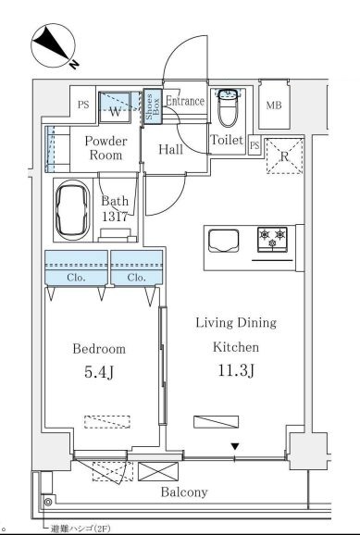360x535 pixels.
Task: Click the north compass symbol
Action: point(54,45)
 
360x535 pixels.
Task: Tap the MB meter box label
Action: point(274,106)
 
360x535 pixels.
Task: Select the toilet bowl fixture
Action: point(228,107)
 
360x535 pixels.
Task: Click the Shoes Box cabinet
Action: point(152,106)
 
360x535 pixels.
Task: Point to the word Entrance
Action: point(185,101)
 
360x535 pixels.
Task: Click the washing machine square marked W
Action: point(115,107)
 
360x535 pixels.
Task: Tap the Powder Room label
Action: point(106,148)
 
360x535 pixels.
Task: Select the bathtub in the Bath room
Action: point(73,210)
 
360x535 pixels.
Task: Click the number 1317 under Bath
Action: point(115,216)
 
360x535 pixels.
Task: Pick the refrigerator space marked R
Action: point(284,156)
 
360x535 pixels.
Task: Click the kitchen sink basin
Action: point(224,241)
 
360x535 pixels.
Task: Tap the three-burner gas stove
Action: point(272,239)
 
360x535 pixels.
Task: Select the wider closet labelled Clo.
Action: point(76,267)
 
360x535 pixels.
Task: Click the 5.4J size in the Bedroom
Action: point(99,372)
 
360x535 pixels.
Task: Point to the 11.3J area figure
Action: point(236,370)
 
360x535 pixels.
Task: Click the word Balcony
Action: point(184,492)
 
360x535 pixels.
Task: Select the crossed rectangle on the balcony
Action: point(158,471)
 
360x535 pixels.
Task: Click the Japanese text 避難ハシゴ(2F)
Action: point(81,529)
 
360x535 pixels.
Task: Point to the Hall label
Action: point(170,149)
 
